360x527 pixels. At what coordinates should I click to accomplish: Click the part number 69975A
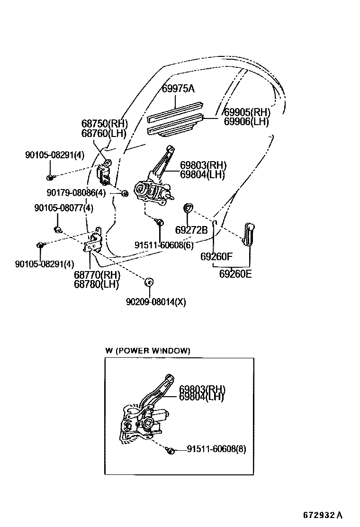[x=178, y=89]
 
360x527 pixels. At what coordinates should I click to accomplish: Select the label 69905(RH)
[x=246, y=112]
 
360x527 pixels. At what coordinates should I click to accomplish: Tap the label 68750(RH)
[x=104, y=124]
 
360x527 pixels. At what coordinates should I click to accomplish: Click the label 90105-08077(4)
[x=63, y=208]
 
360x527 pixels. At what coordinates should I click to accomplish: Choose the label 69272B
[x=191, y=230]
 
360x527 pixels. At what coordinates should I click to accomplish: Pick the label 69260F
[x=216, y=257]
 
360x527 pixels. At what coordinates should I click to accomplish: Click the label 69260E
[x=235, y=274]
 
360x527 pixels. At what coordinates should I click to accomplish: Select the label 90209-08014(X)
[x=155, y=301]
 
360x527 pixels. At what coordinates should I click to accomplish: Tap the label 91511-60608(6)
[x=164, y=245]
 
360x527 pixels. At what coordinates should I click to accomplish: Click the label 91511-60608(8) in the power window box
[x=216, y=448]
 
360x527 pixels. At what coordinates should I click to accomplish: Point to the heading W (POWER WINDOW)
[x=147, y=351]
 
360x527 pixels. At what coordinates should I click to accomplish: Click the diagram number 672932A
[x=323, y=515]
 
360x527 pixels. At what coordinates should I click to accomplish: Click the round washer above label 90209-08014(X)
[x=148, y=282]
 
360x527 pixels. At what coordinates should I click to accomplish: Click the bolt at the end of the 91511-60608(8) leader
[x=171, y=451]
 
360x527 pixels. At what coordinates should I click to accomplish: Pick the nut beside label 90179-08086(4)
[x=125, y=193]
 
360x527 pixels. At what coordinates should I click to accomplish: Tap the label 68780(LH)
[x=96, y=284]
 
